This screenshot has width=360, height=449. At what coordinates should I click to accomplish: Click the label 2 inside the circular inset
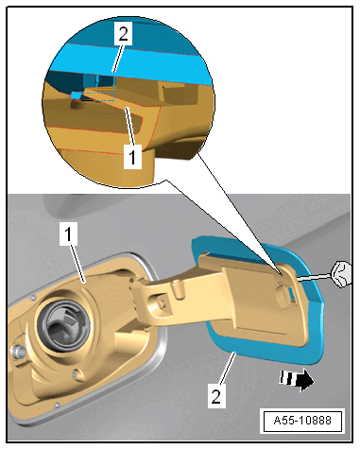point(123,34)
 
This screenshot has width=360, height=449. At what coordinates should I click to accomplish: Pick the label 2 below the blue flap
point(216,396)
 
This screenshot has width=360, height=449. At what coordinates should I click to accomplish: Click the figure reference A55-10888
point(302,421)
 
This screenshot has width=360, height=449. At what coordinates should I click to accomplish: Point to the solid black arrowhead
point(305,380)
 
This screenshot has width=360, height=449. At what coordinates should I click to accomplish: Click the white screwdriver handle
point(341,274)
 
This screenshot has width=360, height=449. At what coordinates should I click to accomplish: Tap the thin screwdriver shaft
point(315,277)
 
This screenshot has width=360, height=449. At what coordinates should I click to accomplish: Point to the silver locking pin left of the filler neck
point(17,351)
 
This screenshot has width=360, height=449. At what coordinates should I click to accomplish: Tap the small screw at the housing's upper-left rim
point(33,297)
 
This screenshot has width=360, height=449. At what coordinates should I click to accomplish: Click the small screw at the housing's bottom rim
point(57,405)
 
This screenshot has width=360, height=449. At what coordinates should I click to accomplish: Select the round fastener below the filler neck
point(76,373)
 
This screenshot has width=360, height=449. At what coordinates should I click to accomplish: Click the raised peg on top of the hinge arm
point(177,286)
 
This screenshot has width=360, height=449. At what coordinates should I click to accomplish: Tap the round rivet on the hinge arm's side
point(162,302)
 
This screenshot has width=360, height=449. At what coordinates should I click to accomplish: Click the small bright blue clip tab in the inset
point(77,95)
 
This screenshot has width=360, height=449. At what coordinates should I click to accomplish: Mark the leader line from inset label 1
point(130,127)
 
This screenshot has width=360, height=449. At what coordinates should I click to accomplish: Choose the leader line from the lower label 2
point(227,368)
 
